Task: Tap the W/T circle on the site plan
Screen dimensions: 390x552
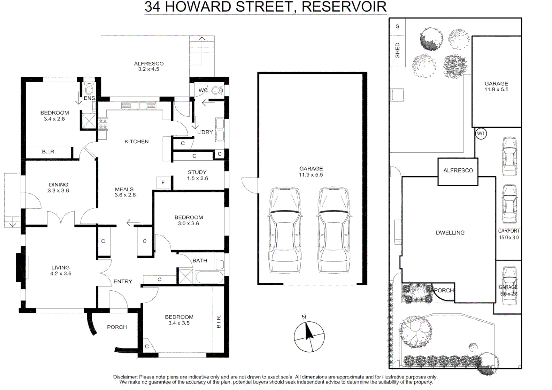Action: coord(480,134)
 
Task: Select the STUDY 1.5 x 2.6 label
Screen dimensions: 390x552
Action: coord(197,175)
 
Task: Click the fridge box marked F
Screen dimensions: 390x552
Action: coord(163,183)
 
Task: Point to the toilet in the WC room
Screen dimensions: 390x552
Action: coord(217,90)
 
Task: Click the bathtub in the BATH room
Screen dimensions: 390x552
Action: coord(209,277)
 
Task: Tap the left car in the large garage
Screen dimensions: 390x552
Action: coord(285,230)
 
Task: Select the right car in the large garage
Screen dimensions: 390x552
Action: coord(334,230)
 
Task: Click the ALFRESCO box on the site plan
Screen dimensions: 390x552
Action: coord(458,171)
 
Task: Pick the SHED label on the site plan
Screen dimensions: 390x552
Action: coord(397,50)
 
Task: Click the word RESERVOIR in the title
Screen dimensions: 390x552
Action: coord(344,7)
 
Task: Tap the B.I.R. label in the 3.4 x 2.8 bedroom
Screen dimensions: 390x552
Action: coord(49,152)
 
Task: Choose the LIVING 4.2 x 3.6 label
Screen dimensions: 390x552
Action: coord(61,270)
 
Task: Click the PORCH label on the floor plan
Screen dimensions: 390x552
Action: coord(117,327)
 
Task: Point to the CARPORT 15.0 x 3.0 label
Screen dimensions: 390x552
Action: coord(509,234)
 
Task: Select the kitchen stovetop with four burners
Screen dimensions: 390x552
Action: coord(103,124)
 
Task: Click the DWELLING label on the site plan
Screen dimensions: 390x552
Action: coord(450,233)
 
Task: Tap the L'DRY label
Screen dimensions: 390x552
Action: coord(205,132)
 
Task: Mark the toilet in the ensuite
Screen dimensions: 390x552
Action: coord(89,89)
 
